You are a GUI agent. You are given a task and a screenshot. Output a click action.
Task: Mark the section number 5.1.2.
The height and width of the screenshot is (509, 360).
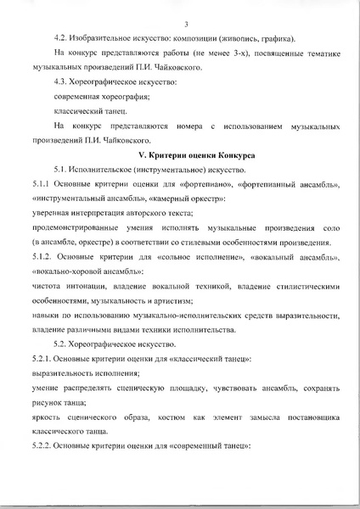42,256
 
